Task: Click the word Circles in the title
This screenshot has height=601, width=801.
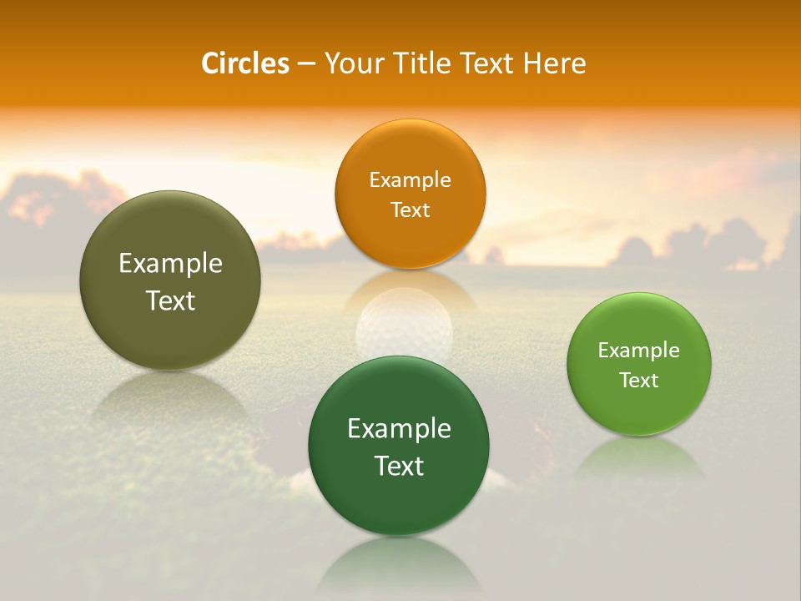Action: [x=245, y=63]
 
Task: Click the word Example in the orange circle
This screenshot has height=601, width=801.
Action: [x=410, y=180]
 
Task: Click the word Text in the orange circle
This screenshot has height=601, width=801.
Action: [x=410, y=210]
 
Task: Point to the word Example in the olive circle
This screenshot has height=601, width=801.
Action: [x=170, y=264]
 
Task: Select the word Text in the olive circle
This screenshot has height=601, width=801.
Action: [x=170, y=300]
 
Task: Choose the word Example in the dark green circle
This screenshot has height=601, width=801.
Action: [x=399, y=429]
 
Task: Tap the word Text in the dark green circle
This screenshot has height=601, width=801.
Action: [x=399, y=466]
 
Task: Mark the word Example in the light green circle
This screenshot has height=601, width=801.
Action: [x=639, y=351]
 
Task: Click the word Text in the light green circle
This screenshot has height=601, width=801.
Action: [x=639, y=380]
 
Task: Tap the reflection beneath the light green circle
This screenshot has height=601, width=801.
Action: [x=639, y=459]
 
